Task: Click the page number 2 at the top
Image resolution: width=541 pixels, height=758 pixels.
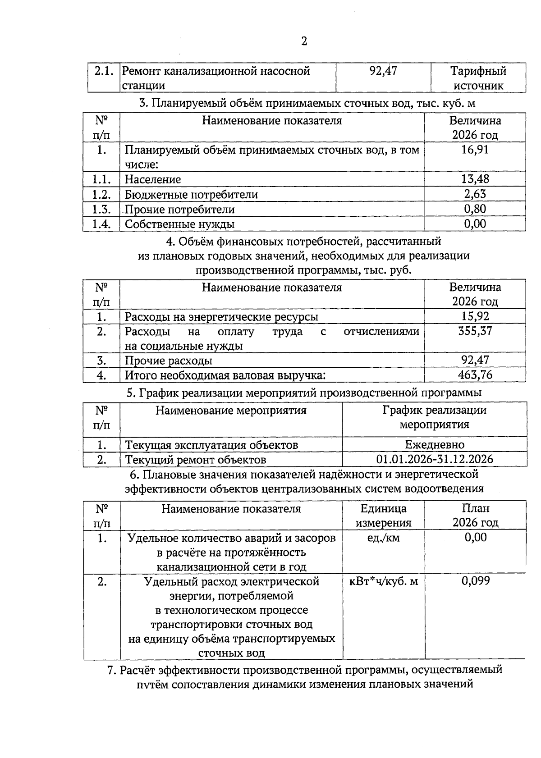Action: point(304,41)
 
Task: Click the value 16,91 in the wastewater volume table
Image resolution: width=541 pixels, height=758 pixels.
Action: point(475,150)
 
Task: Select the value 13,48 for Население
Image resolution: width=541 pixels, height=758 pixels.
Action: point(475,179)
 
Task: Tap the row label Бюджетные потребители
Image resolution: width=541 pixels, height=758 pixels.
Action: point(191,194)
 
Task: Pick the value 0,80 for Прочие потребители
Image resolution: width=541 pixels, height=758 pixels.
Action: point(475,209)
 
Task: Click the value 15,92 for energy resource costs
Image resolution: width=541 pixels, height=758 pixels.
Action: point(475,316)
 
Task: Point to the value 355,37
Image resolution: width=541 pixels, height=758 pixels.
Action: point(475,331)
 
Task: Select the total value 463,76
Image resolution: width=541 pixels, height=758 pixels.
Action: point(475,375)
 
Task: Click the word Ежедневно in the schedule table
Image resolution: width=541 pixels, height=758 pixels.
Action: point(434,445)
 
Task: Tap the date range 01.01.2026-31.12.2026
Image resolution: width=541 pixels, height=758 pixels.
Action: point(434,459)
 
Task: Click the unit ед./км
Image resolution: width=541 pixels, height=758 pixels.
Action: point(383,538)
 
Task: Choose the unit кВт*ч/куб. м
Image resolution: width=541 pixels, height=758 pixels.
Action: point(384,581)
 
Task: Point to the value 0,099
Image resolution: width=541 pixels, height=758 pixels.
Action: point(475,581)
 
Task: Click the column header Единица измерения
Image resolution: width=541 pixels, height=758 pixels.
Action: point(383,516)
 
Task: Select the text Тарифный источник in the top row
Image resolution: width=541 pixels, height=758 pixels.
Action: point(478,78)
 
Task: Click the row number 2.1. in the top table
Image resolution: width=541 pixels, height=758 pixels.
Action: point(103,71)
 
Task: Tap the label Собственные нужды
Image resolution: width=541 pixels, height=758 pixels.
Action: point(179,224)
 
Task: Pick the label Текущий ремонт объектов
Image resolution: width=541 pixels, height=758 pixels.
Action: point(195,460)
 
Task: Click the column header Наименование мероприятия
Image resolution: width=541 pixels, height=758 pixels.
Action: point(231,411)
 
